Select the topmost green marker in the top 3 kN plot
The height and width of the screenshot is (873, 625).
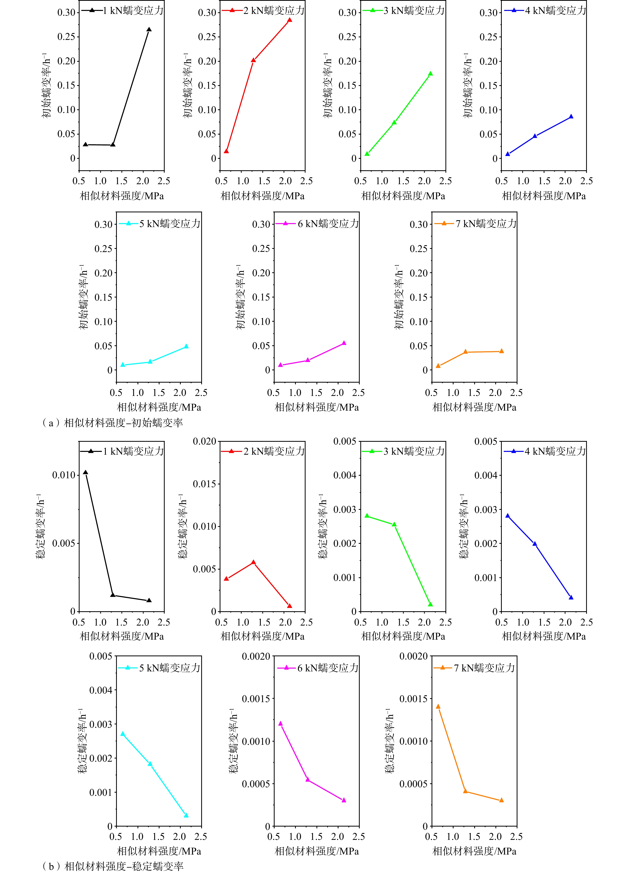pos(430,73)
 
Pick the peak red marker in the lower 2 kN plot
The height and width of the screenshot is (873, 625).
pos(253,562)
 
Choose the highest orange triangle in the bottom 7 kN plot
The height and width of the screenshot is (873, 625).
pos(438,706)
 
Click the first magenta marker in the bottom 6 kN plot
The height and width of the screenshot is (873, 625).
pos(280,723)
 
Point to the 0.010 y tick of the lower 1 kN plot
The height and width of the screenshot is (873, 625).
pos(64,475)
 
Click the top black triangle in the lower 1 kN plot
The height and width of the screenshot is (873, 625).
pos(86,472)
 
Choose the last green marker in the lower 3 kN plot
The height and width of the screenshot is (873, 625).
pos(430,604)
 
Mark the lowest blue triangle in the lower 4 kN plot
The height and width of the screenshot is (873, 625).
pos(571,597)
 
